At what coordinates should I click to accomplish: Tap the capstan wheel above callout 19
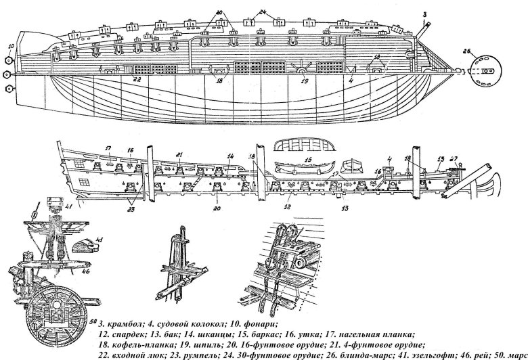point(303,68)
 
